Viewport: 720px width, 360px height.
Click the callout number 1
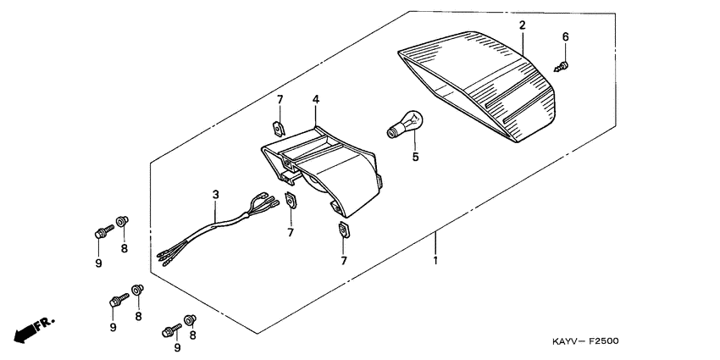coord(435,260)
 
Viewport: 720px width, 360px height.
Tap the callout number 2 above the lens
coord(522,25)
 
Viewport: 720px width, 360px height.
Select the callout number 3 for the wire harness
coord(215,195)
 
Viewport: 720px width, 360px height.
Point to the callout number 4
coord(315,100)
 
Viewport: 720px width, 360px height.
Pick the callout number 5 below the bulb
coord(416,157)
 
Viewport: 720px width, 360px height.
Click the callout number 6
coord(566,37)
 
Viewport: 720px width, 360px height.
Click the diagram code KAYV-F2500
coord(587,342)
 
